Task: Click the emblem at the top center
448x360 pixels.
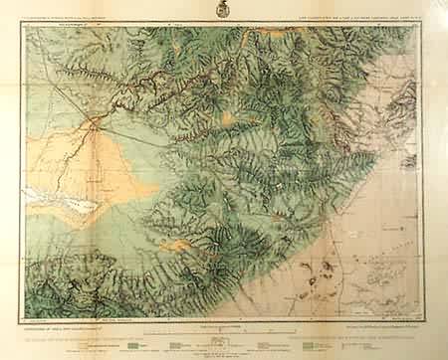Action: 220,10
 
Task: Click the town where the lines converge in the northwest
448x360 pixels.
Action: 93,123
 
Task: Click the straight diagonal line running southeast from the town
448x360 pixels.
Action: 129,134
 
